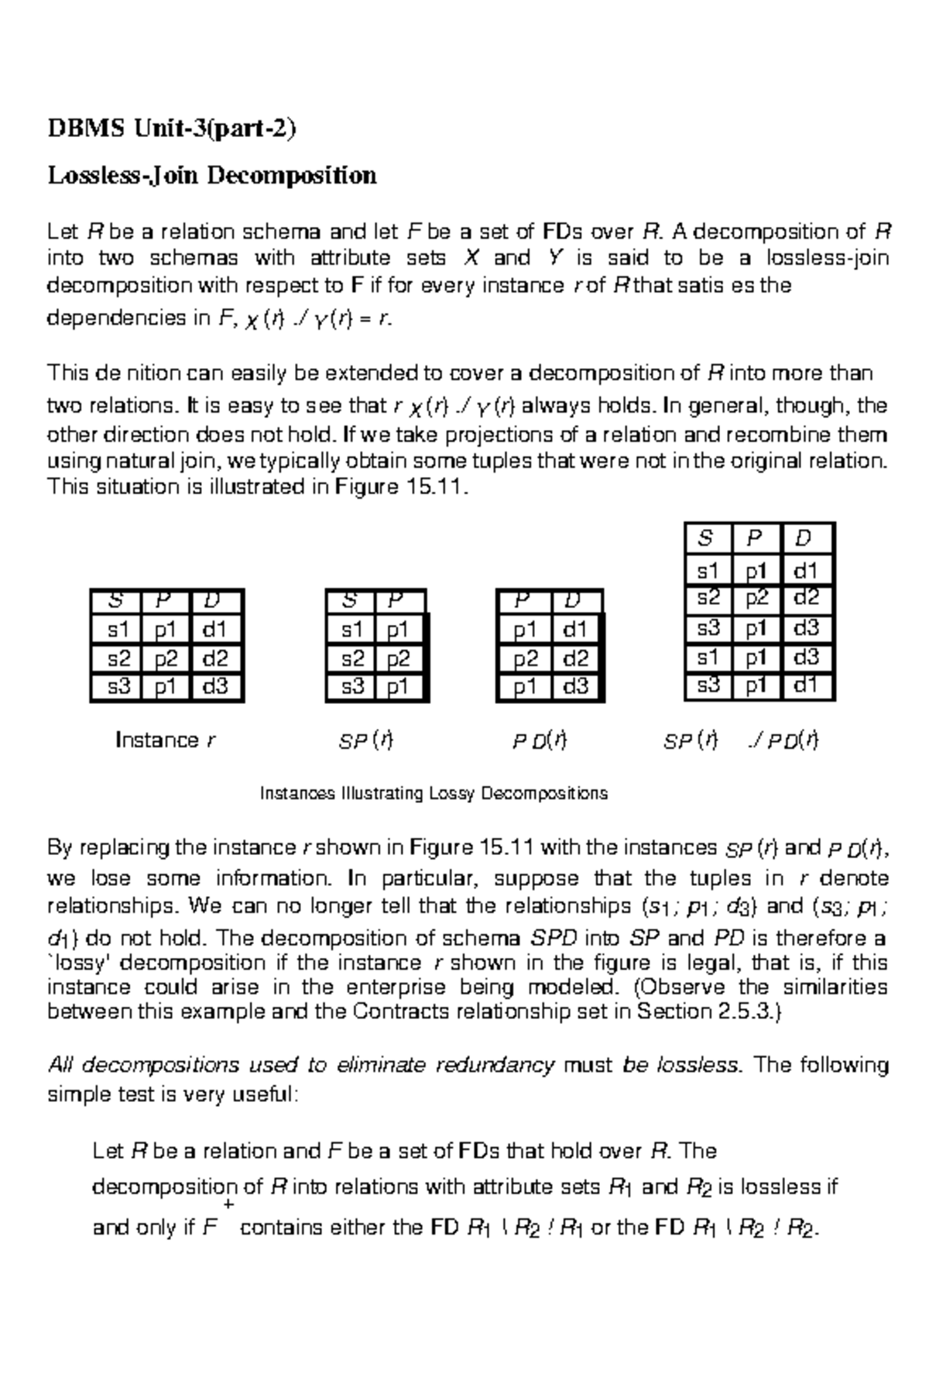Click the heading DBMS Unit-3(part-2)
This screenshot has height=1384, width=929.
172,128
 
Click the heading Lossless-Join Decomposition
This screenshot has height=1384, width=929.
212,176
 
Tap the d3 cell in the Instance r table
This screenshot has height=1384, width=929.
215,686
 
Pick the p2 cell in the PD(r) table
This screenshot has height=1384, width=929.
525,658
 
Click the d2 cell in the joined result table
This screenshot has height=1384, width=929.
806,598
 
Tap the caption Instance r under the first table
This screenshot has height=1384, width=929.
165,740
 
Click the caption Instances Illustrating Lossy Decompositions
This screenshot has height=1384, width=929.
434,793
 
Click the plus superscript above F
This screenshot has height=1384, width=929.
228,1205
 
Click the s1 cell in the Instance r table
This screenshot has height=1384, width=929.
118,629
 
